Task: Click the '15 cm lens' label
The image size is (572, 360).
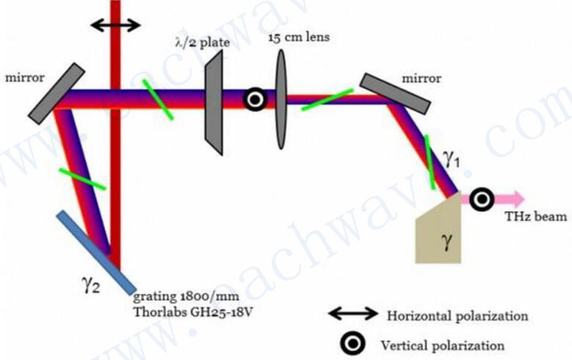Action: point(298,37)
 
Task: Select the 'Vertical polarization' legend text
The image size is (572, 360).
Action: point(442,346)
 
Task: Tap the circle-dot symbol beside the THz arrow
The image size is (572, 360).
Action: point(482,200)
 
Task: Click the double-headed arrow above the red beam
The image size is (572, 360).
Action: point(116,25)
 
